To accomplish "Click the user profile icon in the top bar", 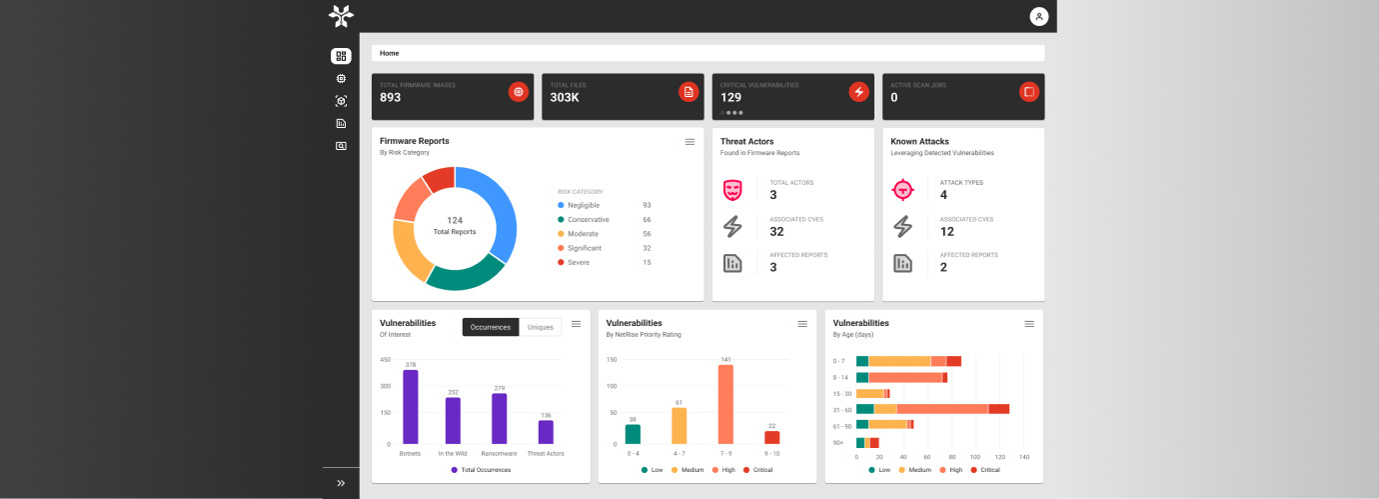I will coord(1039,16).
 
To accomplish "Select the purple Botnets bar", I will coord(410,407).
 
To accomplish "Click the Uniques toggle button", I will coord(540,327).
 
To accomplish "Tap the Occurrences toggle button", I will coord(491,327).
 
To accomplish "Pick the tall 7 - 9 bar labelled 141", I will coord(725,404).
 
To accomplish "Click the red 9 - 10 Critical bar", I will coord(771,437).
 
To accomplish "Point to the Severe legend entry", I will coord(578,262).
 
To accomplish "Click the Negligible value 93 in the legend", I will coord(647,205).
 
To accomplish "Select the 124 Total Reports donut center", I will coord(455,226).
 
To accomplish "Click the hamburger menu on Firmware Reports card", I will coord(689,142).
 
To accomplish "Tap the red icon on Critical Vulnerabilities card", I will coord(858,92).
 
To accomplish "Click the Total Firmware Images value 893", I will coord(390,98).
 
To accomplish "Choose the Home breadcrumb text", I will coord(389,53).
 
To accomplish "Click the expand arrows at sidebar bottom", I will coord(341,483).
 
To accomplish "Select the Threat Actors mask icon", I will coord(732,188).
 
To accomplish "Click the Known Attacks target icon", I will coord(902,188).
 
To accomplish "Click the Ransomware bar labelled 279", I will coord(500,418).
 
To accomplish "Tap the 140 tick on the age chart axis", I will coord(1023,457).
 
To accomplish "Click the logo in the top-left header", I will coord(342,16).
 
